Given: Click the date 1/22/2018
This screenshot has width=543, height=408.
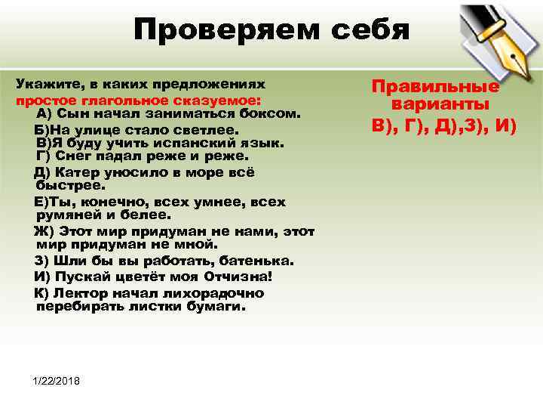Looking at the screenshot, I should pyautogui.click(x=57, y=379).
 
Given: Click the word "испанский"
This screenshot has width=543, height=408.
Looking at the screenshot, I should pyautogui.click(x=181, y=142).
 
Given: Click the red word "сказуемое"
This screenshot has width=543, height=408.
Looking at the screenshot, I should pyautogui.click(x=222, y=100).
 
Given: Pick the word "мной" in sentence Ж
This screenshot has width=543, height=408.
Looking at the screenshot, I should pyautogui.click(x=194, y=245).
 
